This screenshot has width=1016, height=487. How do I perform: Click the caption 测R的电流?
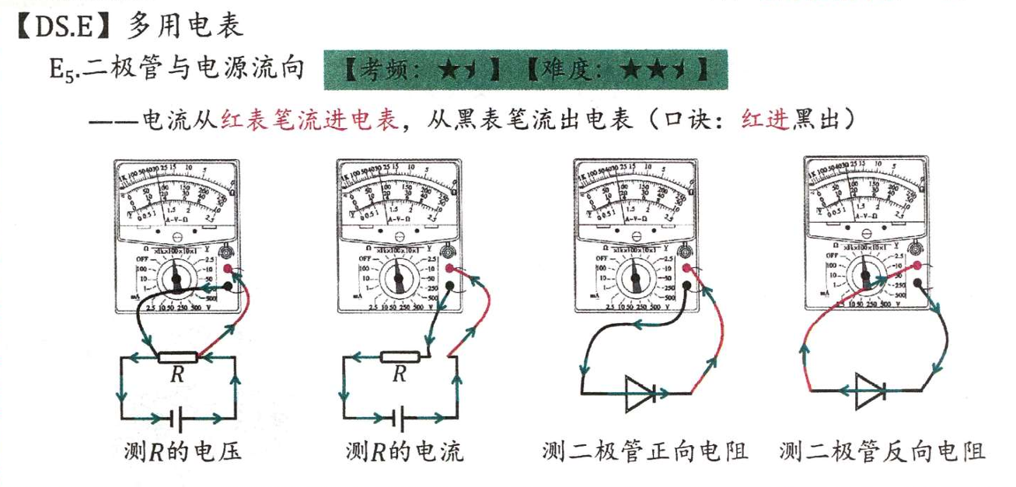click(404, 451)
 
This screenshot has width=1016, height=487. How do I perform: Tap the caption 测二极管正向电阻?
click(645, 451)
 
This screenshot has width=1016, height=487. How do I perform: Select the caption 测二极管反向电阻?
click(882, 451)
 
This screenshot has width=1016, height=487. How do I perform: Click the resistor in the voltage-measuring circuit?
click(177, 357)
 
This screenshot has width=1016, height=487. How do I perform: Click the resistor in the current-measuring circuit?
click(400, 357)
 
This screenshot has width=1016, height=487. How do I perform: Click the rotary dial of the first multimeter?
click(177, 277)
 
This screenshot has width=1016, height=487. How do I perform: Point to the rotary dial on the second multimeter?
click(399, 277)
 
